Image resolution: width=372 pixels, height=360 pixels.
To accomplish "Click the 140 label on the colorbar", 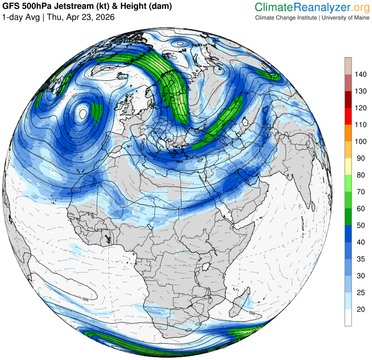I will pyautogui.click(x=361, y=74).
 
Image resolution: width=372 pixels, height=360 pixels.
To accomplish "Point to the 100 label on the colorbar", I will pyautogui.click(x=361, y=141).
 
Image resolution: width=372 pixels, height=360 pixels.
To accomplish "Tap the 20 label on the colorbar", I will pyautogui.click(x=361, y=309).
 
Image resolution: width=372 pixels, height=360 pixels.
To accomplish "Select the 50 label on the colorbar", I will pyautogui.click(x=361, y=225).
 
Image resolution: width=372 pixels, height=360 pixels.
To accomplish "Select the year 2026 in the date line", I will pyautogui.click(x=104, y=17).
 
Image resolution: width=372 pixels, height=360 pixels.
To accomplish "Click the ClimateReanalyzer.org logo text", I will pyautogui.click(x=312, y=7).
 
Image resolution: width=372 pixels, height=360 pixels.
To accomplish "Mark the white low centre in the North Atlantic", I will pyautogui.click(x=83, y=113).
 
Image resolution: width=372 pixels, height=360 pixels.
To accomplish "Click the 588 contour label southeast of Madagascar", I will pyautogui.click(x=252, y=314).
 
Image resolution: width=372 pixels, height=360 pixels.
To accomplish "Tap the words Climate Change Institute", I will pyautogui.click(x=285, y=18).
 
